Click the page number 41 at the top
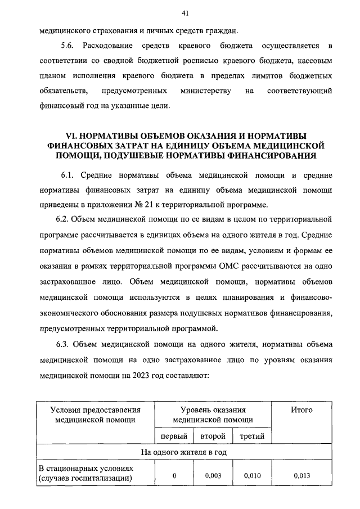184,13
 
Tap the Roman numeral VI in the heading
70,136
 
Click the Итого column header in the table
301,410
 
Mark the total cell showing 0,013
301,475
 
